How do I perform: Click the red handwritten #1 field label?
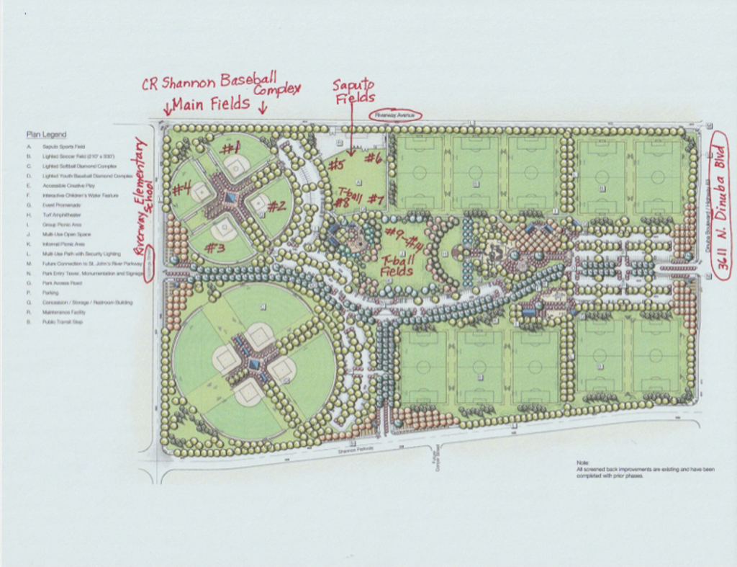231,149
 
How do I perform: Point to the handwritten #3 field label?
214,248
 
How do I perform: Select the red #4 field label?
181,190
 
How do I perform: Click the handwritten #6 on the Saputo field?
373,158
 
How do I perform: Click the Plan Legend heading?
46,134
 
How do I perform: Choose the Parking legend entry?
52,293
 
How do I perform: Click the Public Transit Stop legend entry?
62,322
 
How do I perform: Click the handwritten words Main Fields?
210,104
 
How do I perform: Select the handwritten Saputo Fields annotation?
353,91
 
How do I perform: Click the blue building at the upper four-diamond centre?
230,197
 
